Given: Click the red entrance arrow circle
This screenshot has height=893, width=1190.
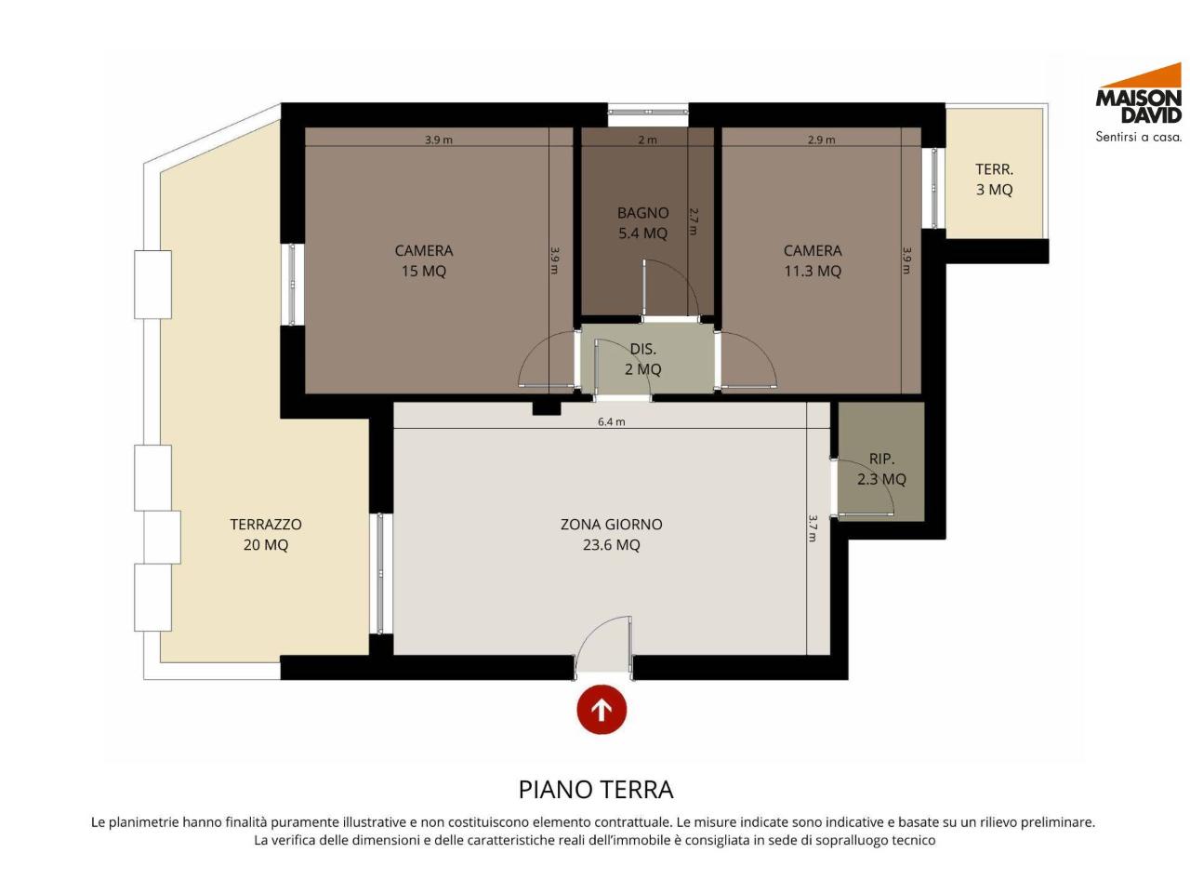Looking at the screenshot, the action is click(601, 709).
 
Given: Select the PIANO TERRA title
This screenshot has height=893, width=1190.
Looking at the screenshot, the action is click(595, 790).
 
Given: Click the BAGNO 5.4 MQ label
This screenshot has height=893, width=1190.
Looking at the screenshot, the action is click(642, 223).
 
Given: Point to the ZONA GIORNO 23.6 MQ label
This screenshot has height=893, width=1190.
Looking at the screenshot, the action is click(611, 534).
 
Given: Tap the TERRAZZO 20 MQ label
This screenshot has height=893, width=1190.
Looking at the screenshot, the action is click(266, 534).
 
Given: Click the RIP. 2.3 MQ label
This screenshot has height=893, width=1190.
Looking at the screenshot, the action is click(881, 469).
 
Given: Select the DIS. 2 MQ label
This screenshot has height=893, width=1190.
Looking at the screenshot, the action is click(642, 358).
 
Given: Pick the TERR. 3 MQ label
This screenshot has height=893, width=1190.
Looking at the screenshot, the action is click(994, 179).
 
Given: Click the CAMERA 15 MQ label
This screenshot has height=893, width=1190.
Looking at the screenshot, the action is click(423, 260).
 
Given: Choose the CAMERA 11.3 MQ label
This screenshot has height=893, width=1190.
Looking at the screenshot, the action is click(813, 260).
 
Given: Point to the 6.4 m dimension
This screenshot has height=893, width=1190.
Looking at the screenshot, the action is click(611, 421).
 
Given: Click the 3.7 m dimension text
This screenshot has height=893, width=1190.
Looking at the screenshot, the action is click(813, 528).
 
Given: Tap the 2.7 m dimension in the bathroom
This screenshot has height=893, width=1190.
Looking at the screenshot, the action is click(693, 221).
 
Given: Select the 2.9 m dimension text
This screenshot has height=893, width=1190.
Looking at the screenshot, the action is click(821, 140).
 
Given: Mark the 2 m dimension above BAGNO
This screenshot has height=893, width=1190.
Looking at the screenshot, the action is click(647, 140).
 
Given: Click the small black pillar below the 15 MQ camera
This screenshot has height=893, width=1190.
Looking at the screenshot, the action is click(546, 407).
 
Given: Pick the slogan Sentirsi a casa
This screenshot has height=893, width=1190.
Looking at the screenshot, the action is click(1138, 137).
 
